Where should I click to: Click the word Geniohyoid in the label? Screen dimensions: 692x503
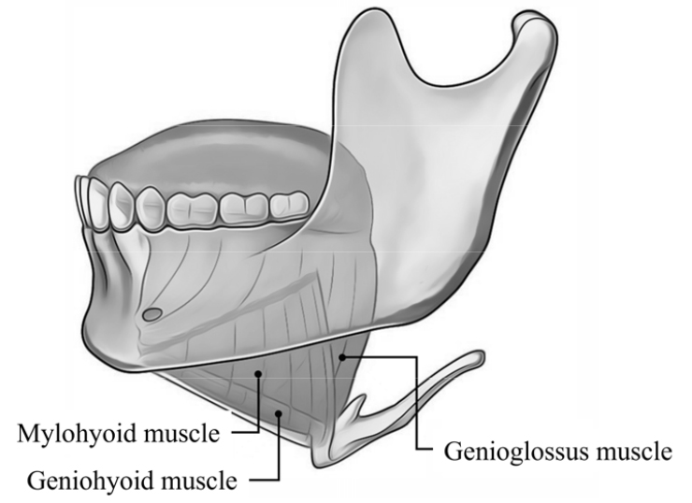point(82,480)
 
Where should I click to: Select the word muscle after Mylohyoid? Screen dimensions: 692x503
point(181,434)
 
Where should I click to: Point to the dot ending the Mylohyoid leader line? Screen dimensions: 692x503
point(259,374)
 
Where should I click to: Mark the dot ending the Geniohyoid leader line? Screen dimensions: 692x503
point(279,413)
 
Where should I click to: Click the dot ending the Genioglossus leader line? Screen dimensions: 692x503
point(342,357)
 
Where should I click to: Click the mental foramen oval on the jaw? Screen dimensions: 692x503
point(151,314)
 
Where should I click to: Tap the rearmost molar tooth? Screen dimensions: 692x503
point(289,205)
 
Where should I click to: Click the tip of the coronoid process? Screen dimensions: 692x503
point(374,9)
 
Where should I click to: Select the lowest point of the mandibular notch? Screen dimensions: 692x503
point(456,84)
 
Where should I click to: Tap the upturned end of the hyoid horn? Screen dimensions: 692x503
point(479,356)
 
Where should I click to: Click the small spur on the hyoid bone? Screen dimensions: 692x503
point(356,404)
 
